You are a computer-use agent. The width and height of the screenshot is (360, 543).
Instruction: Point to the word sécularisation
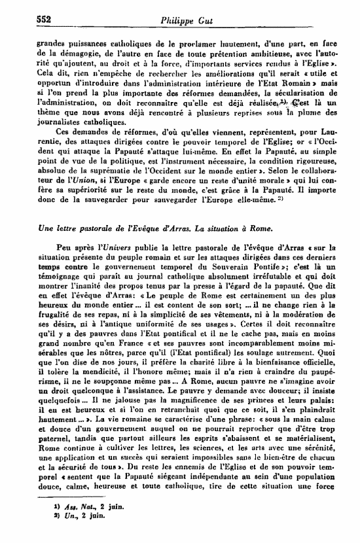coord(306,91)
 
